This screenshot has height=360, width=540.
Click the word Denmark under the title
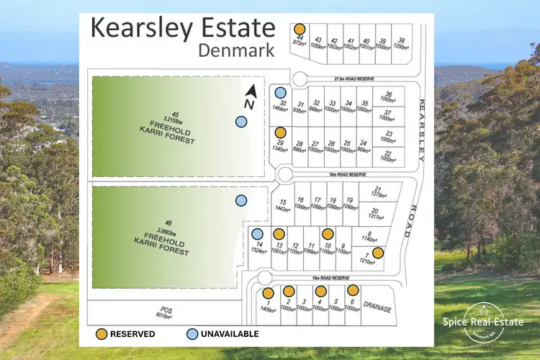click(236, 51)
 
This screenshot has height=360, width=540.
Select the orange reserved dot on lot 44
click(300, 29)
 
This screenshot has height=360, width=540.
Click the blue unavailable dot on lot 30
click(279, 92)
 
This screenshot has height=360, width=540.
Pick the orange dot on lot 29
click(279, 132)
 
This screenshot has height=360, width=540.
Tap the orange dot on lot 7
click(377, 252)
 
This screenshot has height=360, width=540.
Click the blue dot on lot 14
click(257, 233)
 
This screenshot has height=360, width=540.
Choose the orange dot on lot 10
click(328, 233)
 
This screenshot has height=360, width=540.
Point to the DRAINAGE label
click(377, 308)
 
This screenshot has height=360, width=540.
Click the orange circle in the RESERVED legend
click(104, 334)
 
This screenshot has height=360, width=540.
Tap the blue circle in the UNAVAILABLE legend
click(192, 334)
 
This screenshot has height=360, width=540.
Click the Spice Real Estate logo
click(483, 321)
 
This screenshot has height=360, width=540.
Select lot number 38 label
click(400, 40)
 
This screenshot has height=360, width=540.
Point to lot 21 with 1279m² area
click(377, 191)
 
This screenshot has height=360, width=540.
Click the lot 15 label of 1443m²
click(284, 204)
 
